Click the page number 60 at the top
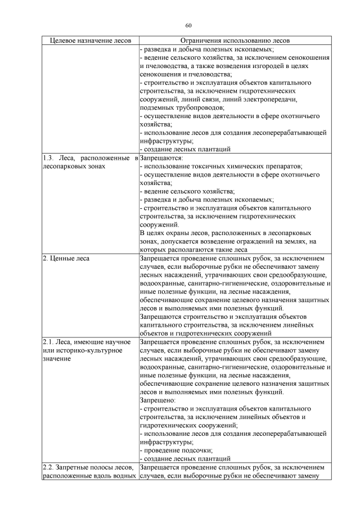[x=188, y=25]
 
